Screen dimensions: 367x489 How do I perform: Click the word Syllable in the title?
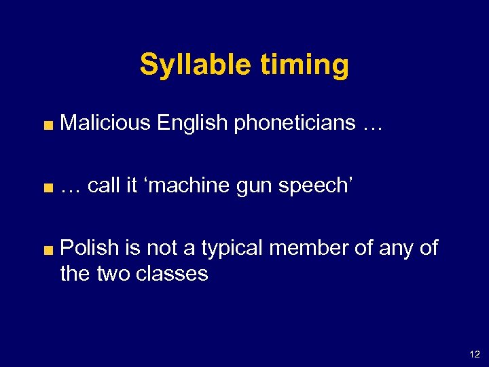pos(195,65)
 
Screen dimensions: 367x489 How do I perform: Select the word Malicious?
pos(105,123)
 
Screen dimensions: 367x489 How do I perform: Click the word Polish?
pos(90,248)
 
